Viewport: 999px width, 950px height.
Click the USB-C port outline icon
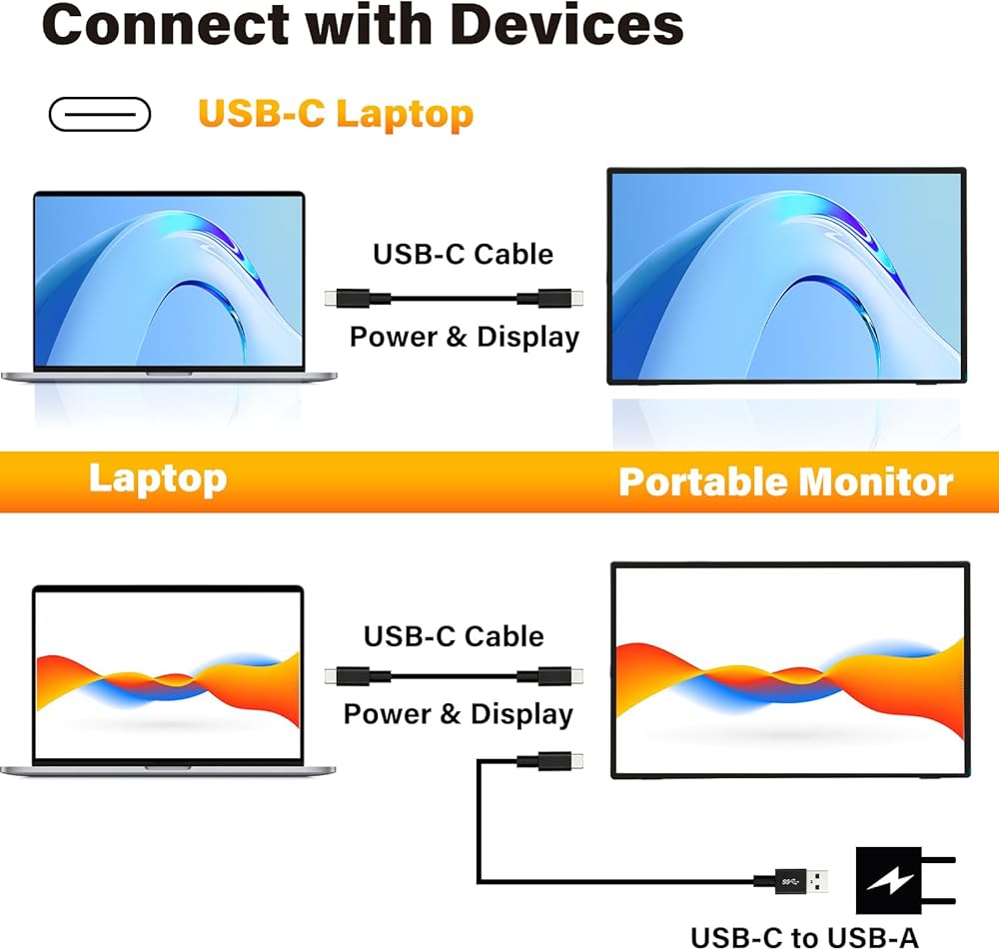[x=100, y=115]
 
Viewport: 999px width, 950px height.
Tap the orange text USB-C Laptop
[x=335, y=114]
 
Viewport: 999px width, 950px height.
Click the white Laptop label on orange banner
[x=157, y=478]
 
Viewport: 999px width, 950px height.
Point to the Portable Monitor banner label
[x=785, y=481]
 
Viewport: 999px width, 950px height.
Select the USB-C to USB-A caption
[x=804, y=936]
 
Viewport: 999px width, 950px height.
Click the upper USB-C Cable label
[x=463, y=254]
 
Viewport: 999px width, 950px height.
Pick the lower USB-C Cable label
[x=454, y=636]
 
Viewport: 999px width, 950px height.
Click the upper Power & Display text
[x=464, y=337]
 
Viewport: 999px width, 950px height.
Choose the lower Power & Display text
[x=458, y=714]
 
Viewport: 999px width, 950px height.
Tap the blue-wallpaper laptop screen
[x=168, y=280]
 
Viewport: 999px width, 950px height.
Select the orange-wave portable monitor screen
[x=789, y=668]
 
